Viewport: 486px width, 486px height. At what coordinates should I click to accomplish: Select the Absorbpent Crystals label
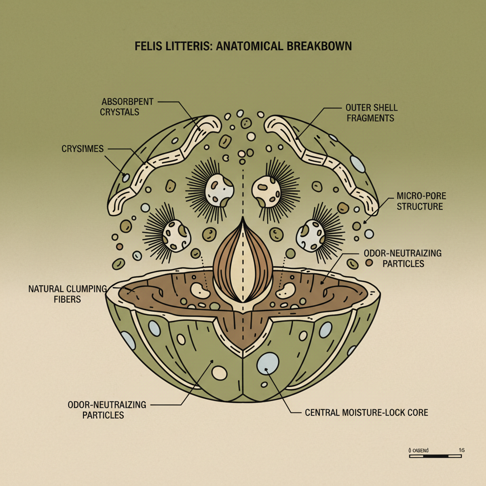click(x=121, y=107)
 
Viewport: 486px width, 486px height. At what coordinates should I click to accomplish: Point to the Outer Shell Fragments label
click(x=372, y=112)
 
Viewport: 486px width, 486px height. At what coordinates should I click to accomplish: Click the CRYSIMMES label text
click(x=83, y=149)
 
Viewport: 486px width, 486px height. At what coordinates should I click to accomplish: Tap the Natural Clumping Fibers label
click(x=68, y=293)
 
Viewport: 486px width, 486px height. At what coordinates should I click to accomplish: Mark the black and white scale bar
click(x=435, y=456)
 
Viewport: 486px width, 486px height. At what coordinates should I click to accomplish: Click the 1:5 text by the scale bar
click(x=461, y=449)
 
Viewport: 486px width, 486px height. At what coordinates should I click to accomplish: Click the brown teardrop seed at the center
click(x=243, y=263)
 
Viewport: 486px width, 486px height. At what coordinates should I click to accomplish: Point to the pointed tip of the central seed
click(x=243, y=219)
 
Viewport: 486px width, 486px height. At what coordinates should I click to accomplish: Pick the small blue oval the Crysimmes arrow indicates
click(x=126, y=178)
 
